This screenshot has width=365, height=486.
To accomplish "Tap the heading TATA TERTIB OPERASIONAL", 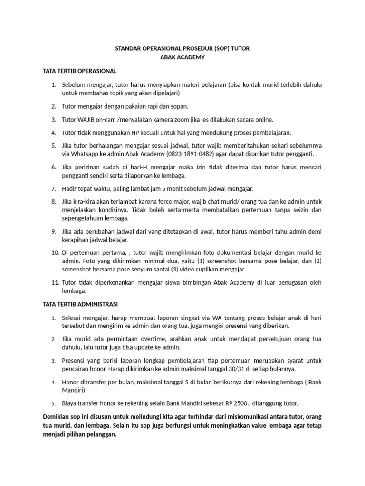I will point(79,71).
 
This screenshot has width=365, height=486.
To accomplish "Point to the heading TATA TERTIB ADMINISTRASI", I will point(80,303).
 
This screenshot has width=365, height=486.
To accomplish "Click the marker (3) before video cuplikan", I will point(169,270).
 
